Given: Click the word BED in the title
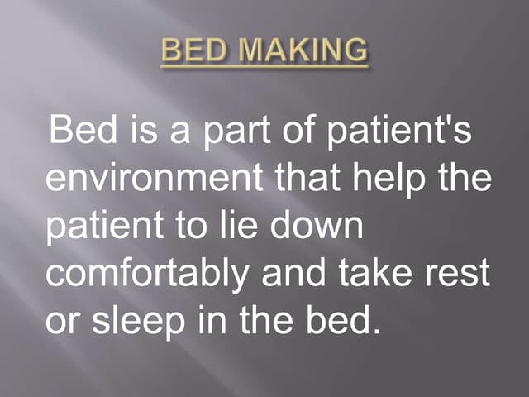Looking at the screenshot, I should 191,51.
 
